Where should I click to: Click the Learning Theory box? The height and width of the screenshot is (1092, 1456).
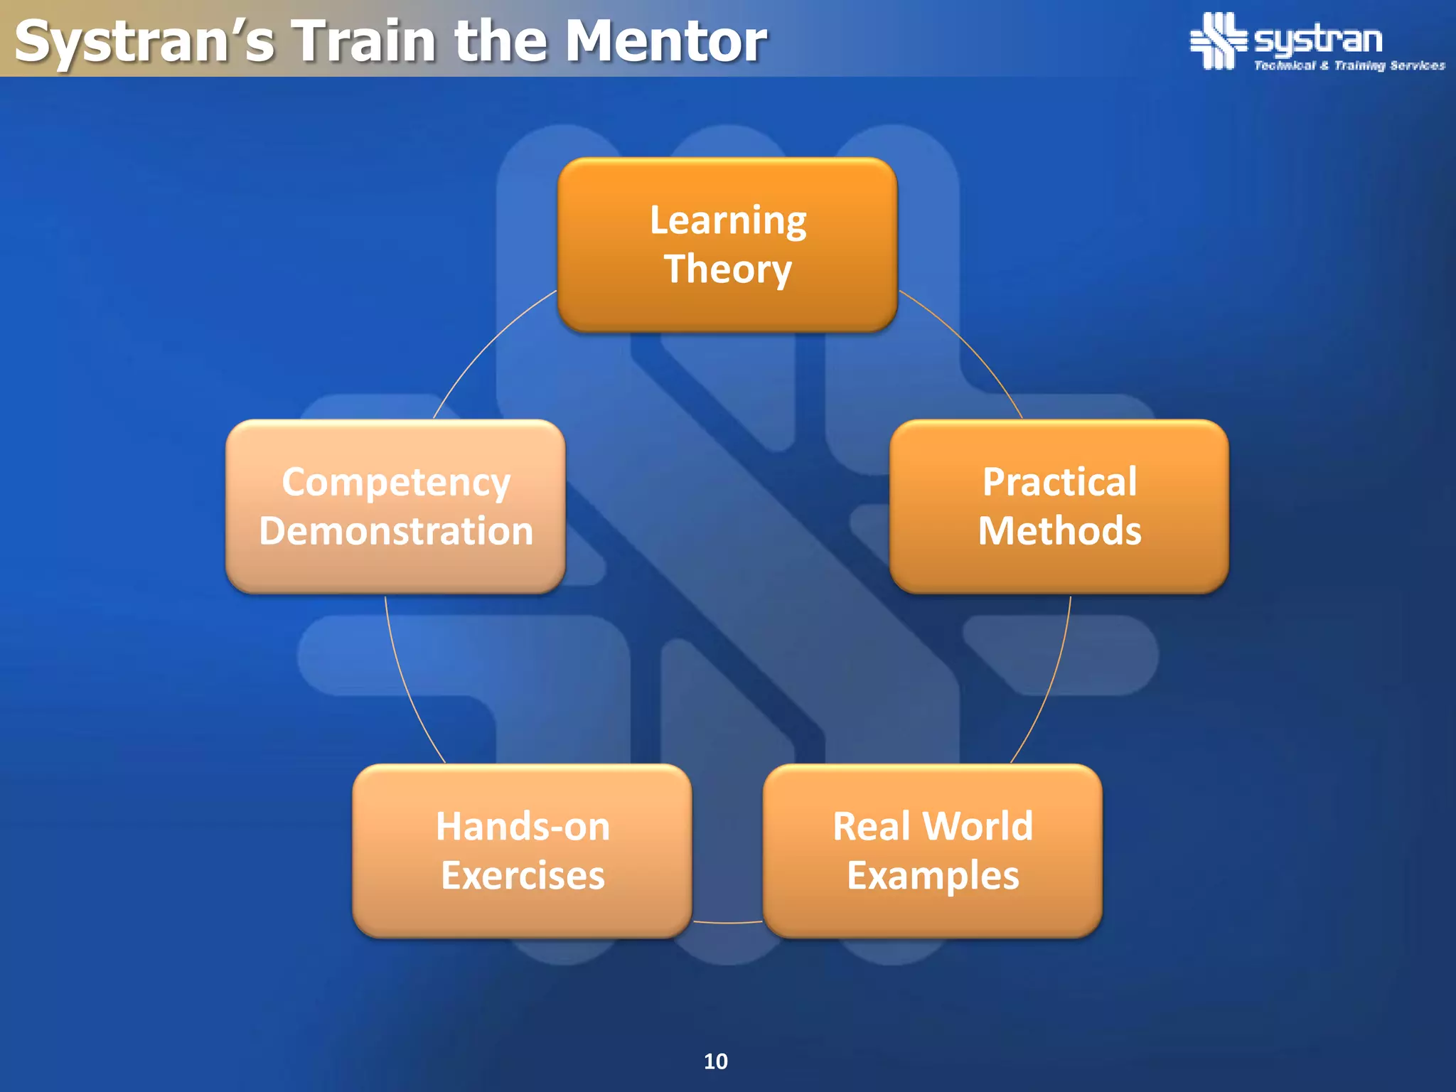[x=727, y=244]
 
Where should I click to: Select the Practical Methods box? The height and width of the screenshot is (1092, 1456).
[x=1059, y=506]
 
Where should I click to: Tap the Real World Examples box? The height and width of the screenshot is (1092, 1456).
[x=933, y=850]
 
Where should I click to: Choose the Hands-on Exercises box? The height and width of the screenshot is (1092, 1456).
[x=523, y=850]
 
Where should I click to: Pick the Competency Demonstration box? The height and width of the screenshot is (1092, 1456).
[x=395, y=506]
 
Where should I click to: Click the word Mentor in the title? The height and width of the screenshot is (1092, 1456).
[x=666, y=41]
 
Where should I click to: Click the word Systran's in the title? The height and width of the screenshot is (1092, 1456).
[x=144, y=41]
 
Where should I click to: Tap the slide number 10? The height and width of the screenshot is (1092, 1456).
[x=715, y=1061]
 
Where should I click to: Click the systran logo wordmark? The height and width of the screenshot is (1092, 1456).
[x=1318, y=40]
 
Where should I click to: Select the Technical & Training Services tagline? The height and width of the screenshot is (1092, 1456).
[x=1349, y=65]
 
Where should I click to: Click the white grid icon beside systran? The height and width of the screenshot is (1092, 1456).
[x=1218, y=41]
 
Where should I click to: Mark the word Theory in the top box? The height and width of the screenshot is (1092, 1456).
[x=727, y=269]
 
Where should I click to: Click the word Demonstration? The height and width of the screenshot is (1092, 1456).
[x=396, y=531]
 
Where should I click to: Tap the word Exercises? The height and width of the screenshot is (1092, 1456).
[x=523, y=875]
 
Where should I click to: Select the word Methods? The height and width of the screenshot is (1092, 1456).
[x=1059, y=531]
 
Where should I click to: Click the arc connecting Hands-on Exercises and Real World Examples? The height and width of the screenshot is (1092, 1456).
[x=727, y=923]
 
